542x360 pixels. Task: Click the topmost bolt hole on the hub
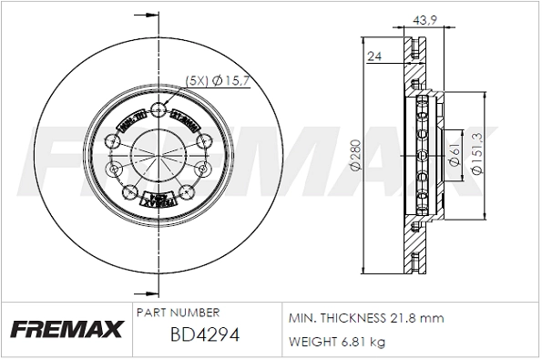click(x=160, y=112)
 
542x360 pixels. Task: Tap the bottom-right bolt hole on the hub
click(x=186, y=190)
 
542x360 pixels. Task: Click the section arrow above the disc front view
click(x=143, y=15)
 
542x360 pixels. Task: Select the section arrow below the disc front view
click(x=143, y=292)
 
